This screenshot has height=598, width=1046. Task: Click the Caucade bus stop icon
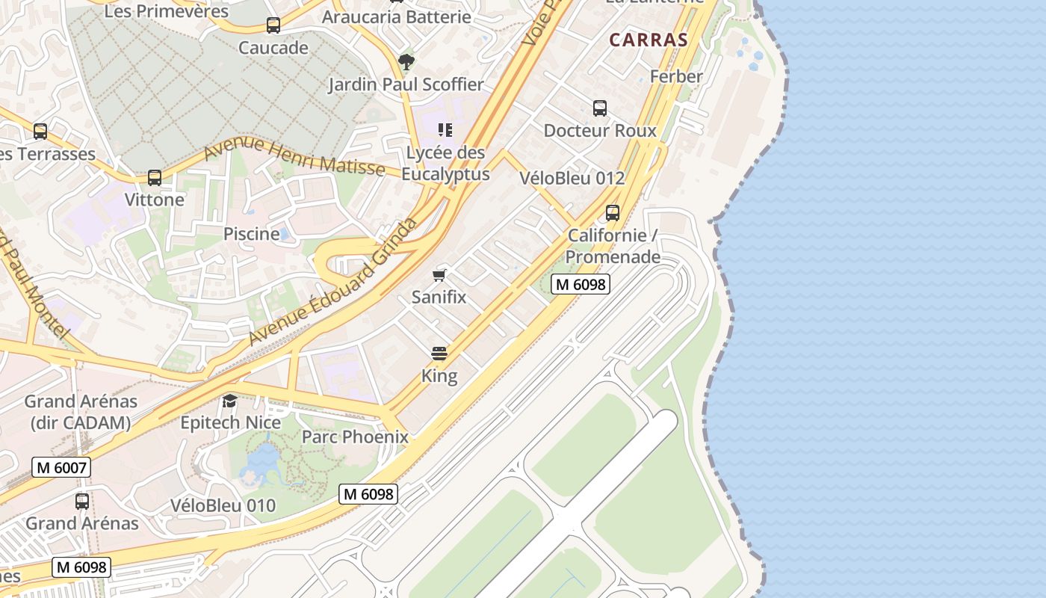273,25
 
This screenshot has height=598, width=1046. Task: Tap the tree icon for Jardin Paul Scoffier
406,61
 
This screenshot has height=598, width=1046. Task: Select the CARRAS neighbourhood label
648,40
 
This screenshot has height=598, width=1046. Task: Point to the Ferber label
676,76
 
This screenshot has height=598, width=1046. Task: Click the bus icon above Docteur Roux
600,108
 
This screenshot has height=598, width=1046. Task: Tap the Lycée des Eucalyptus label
445,164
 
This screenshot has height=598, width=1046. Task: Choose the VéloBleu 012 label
572,178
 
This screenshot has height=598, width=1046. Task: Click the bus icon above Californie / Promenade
613,213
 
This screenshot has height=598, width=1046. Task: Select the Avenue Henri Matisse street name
294,155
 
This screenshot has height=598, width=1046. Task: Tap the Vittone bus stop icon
155,178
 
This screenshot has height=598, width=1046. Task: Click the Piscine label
252,234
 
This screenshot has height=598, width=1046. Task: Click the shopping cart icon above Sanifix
439,275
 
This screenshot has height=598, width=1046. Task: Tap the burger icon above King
439,354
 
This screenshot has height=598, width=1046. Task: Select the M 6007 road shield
61,468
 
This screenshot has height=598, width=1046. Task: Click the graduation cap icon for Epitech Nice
229,401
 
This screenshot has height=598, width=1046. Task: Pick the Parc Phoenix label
355,437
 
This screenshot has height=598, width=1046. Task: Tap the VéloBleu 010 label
223,505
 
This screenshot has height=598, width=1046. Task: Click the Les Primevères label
166,11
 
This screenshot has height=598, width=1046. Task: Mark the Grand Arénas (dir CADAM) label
81,412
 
